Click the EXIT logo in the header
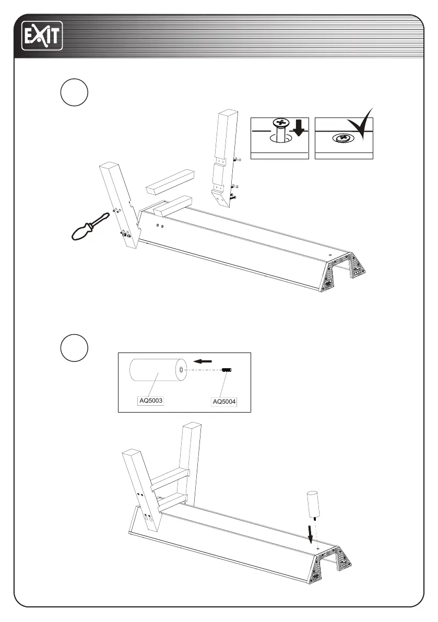pyautogui.click(x=42, y=36)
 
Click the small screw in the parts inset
pyautogui.click(x=227, y=370)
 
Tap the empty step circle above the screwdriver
pyautogui.click(x=73, y=93)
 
